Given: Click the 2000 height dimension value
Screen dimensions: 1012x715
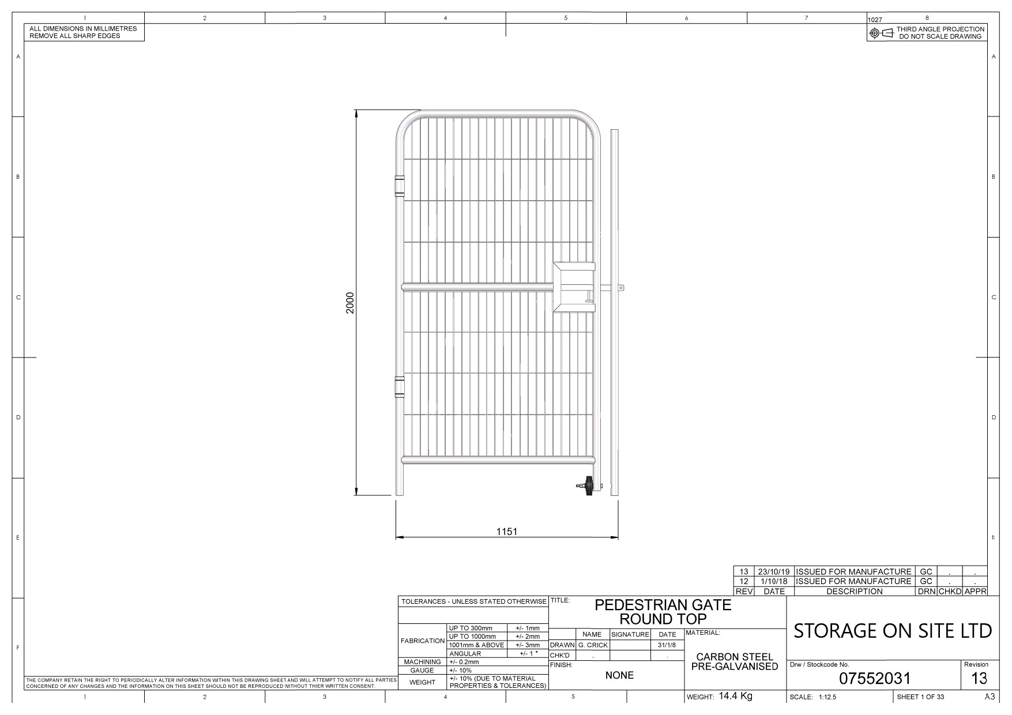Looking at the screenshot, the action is coord(349,303).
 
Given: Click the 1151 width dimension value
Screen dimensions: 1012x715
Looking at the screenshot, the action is coord(507,532).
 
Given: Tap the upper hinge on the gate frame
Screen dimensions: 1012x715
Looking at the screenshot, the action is coord(399,185).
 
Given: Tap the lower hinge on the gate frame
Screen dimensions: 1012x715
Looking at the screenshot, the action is coord(399,386).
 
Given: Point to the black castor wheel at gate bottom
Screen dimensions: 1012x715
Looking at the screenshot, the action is coord(589,486).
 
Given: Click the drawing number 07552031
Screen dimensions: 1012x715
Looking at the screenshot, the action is coord(874,679).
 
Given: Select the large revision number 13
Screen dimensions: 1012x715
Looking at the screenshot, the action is coord(979,678).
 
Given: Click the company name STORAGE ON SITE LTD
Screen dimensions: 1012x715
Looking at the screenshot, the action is coord(893,631).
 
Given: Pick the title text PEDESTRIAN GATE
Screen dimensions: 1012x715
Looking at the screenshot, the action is coord(663,605).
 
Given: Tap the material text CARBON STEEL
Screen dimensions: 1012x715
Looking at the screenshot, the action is coord(735,657).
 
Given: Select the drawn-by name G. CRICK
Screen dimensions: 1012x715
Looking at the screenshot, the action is coord(593,645).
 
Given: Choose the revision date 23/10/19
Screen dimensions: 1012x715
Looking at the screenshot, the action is coord(774,571).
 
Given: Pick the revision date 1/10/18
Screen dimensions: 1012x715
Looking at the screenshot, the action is coord(774,581).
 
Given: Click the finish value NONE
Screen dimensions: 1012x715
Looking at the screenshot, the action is coord(619,675).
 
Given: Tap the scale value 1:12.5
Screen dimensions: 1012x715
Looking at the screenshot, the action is coord(827,697).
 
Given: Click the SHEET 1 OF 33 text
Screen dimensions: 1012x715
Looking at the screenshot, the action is coord(920,697).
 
